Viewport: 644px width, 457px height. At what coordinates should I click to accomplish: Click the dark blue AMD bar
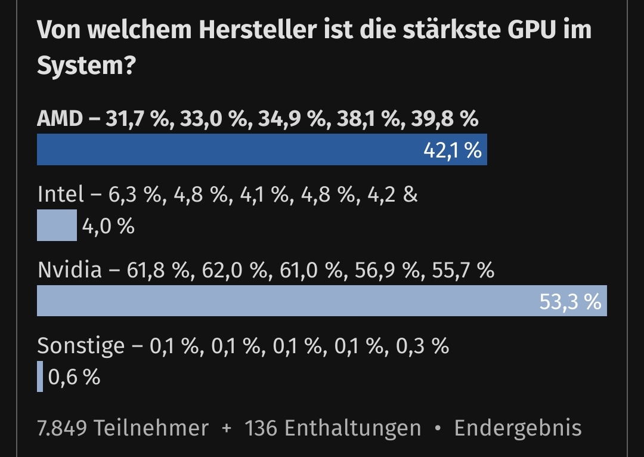(x=227, y=150)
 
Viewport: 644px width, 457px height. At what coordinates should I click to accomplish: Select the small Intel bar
(x=57, y=226)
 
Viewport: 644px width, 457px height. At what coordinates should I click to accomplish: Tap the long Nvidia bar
(x=286, y=301)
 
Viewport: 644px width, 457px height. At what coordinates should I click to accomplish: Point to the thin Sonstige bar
(x=40, y=376)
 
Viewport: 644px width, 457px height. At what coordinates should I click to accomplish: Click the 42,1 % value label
(x=452, y=150)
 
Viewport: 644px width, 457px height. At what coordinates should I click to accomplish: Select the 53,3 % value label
(x=570, y=302)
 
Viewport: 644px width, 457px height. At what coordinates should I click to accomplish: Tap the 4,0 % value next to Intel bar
(x=108, y=226)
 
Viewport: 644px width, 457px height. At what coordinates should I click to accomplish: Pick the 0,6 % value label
(x=74, y=377)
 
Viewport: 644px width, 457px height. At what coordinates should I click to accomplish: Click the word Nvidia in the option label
(x=70, y=270)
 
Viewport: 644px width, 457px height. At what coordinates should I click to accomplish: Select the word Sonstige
(x=81, y=346)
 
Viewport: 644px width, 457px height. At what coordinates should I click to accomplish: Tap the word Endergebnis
(x=518, y=428)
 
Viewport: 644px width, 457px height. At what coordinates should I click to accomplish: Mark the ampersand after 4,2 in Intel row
(x=410, y=194)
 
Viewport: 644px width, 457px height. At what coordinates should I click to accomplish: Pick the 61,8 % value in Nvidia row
(x=156, y=270)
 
